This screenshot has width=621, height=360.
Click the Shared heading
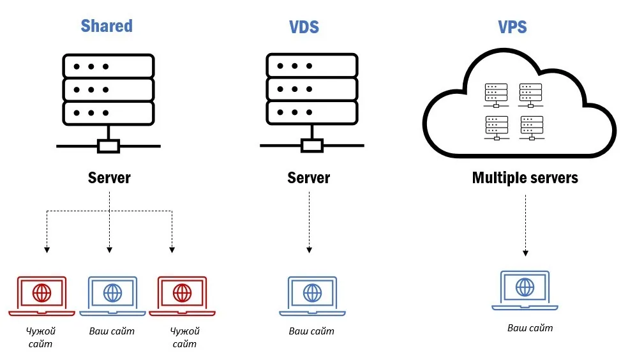click(107, 26)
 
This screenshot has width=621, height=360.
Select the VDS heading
click(303, 27)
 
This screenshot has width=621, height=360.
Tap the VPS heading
click(513, 27)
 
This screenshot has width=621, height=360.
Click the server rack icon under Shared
click(108, 102)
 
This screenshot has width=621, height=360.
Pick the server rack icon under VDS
click(311, 102)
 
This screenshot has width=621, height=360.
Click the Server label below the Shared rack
click(109, 177)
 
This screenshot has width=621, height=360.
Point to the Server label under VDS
click(308, 177)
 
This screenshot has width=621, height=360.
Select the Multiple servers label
click(525, 177)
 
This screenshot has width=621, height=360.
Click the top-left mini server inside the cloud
click(496, 93)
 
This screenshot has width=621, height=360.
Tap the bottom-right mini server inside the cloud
click(531, 128)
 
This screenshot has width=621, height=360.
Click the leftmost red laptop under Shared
click(42, 295)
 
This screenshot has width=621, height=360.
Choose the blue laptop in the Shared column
click(112, 295)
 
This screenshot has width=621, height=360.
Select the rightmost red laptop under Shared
click(183, 295)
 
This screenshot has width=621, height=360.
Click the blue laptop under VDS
click(312, 295)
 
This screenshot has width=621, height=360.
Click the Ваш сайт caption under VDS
click(311, 331)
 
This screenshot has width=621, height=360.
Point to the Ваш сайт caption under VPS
click(530, 328)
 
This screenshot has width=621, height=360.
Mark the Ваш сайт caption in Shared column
click(112, 331)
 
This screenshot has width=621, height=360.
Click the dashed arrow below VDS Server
click(309, 223)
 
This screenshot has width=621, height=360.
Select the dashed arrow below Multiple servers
click(525, 227)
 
